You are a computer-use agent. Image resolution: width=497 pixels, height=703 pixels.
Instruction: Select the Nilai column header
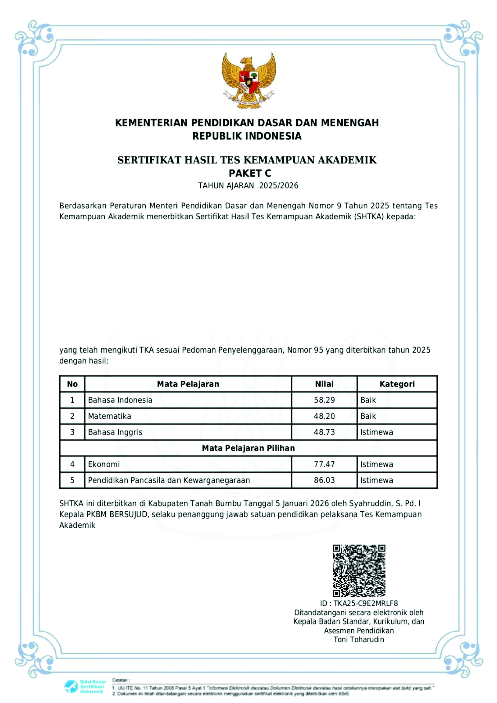[324, 384]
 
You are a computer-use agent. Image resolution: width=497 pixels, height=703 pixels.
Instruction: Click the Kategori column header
[397, 384]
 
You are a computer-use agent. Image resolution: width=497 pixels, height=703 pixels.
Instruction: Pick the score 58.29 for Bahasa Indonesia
[324, 400]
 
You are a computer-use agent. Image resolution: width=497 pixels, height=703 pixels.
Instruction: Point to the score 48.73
[324, 432]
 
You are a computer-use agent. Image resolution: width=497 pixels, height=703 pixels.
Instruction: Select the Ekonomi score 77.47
[324, 464]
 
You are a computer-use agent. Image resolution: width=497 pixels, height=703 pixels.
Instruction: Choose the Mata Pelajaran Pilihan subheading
[248, 448]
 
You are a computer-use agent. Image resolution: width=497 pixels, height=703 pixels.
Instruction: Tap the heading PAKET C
[250, 173]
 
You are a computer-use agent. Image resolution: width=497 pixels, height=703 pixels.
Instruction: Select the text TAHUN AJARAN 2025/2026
[248, 186]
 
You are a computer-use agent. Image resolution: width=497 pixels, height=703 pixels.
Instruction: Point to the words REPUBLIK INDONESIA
[247, 136]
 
